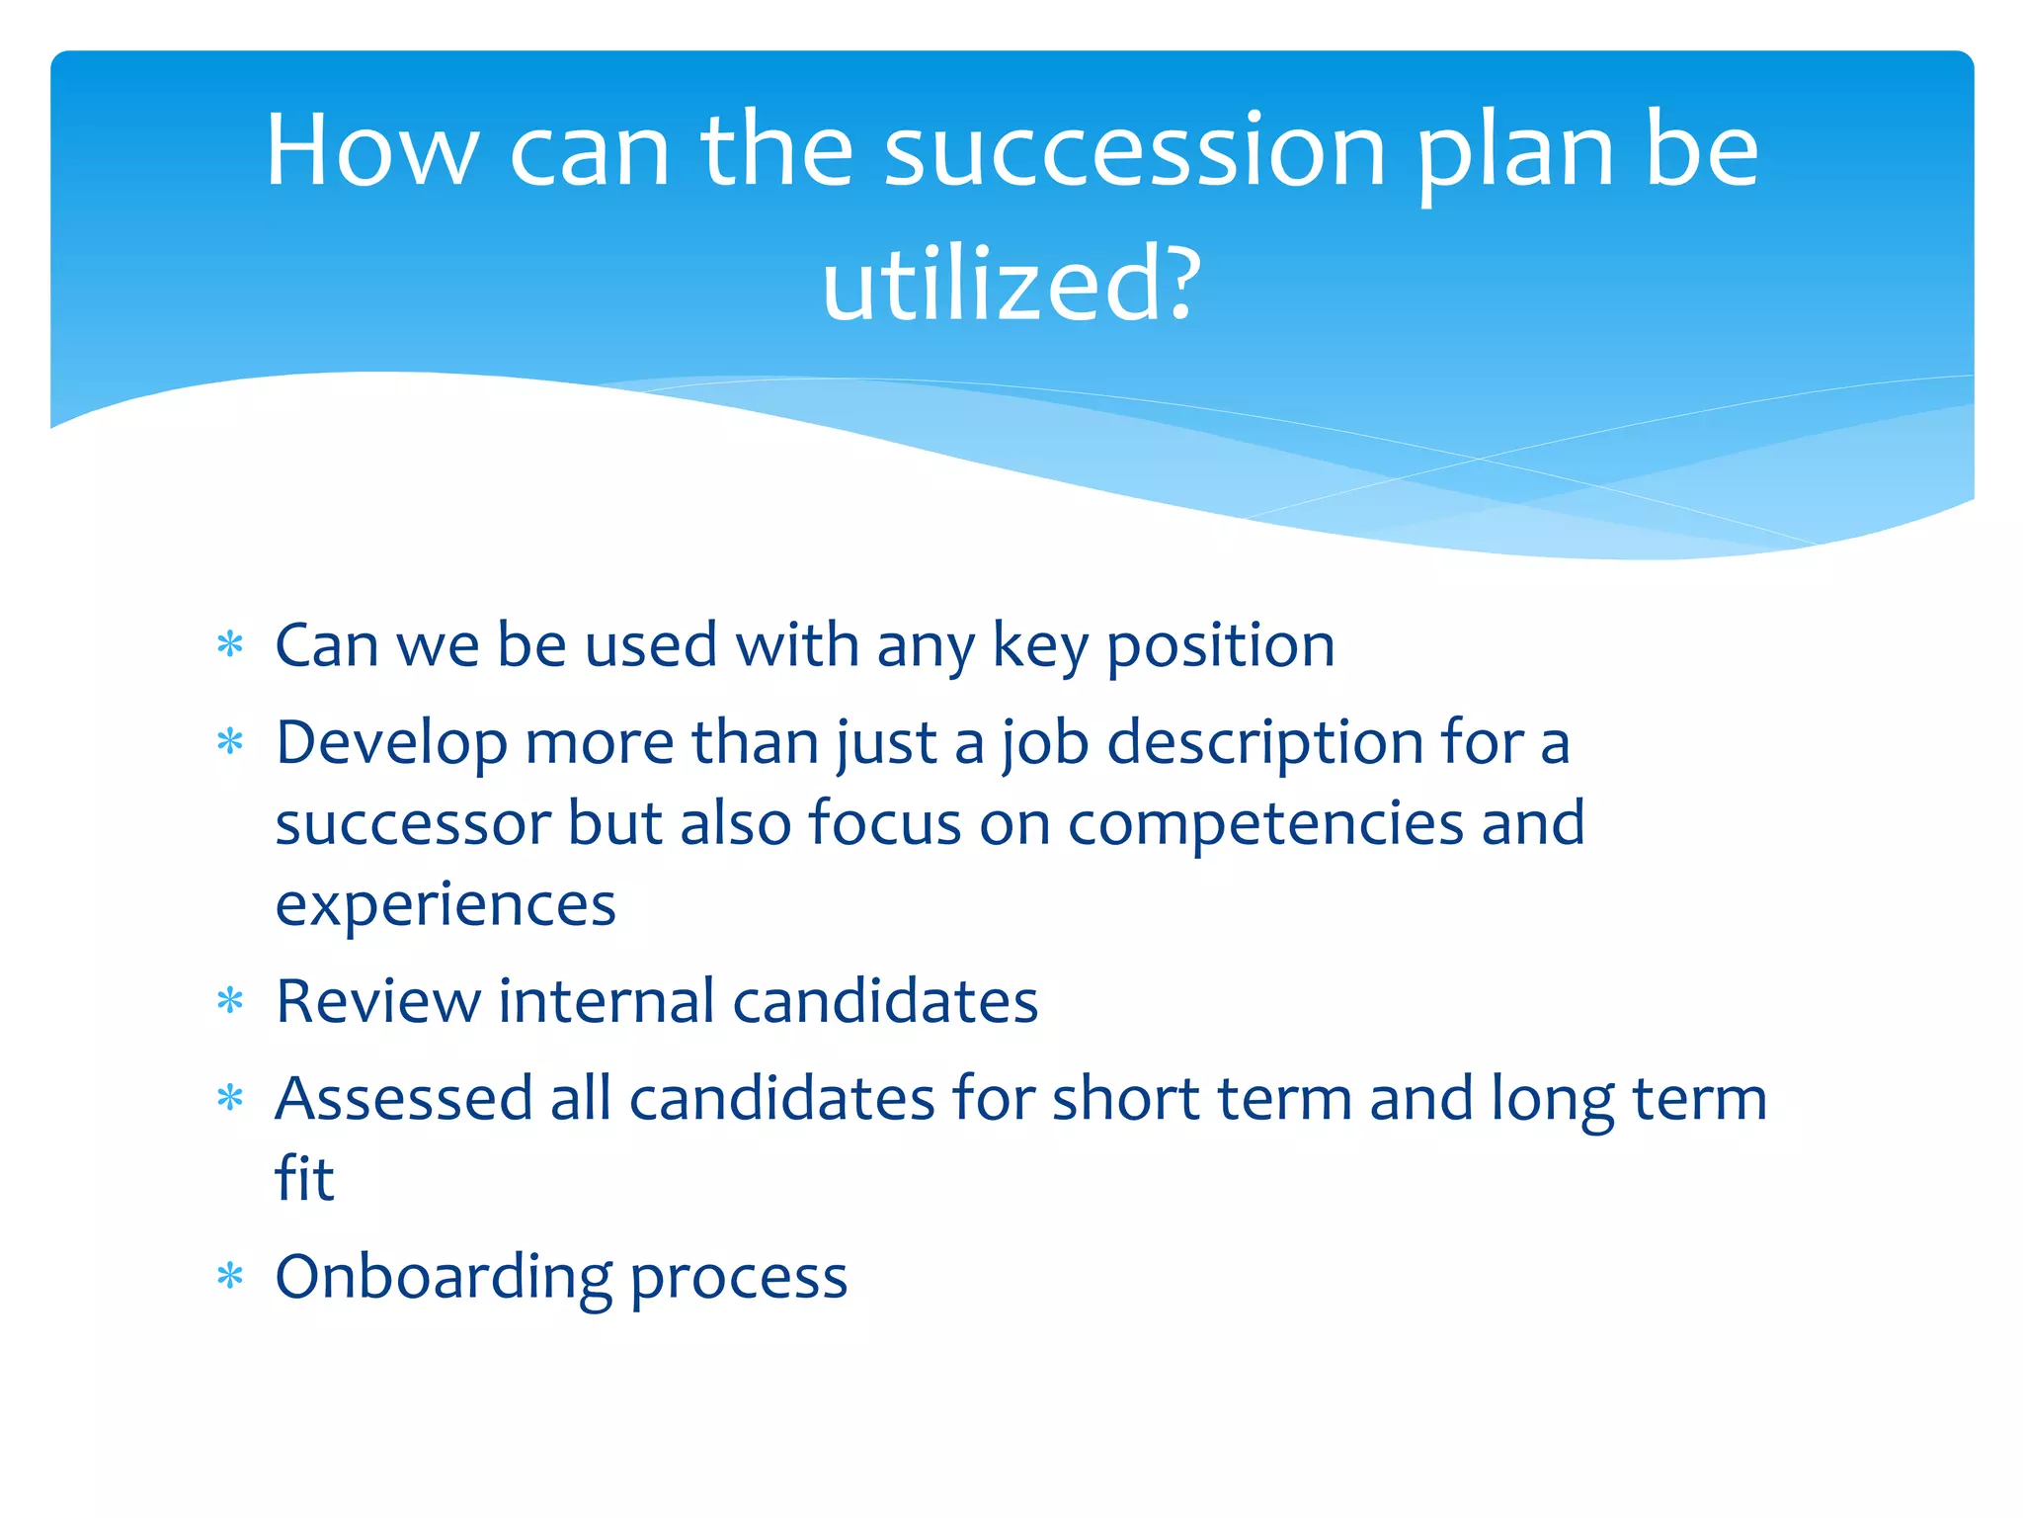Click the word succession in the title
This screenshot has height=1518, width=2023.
(x=1135, y=151)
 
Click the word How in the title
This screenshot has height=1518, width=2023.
(x=371, y=151)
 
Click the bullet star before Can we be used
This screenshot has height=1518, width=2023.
(x=230, y=645)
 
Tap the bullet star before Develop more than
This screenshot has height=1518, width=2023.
(x=230, y=741)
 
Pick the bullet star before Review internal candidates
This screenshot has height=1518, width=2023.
(x=230, y=1001)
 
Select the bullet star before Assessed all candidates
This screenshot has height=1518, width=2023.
(x=230, y=1098)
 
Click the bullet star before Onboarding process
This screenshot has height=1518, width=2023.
(x=230, y=1276)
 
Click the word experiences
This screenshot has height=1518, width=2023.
(x=445, y=905)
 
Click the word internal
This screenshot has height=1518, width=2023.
(x=607, y=1001)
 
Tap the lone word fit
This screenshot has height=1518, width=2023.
(x=304, y=1178)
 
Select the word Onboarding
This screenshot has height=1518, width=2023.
(x=444, y=1278)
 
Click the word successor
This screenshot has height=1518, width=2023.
(x=412, y=823)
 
